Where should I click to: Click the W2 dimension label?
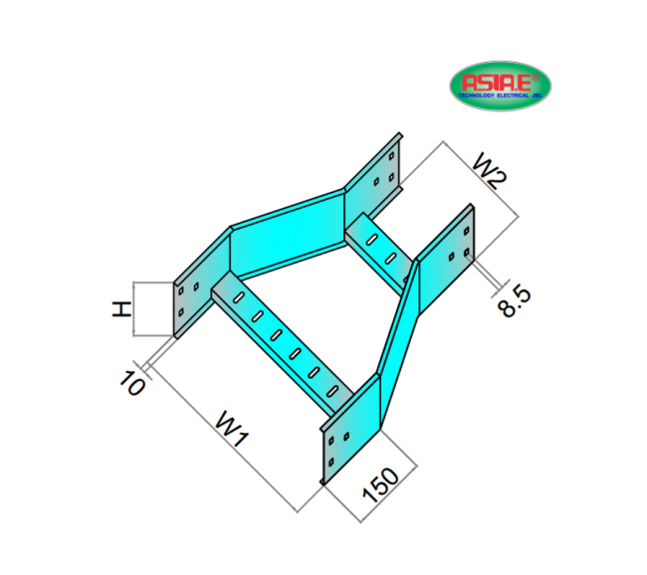click(x=489, y=170)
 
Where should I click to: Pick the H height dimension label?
click(x=120, y=309)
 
